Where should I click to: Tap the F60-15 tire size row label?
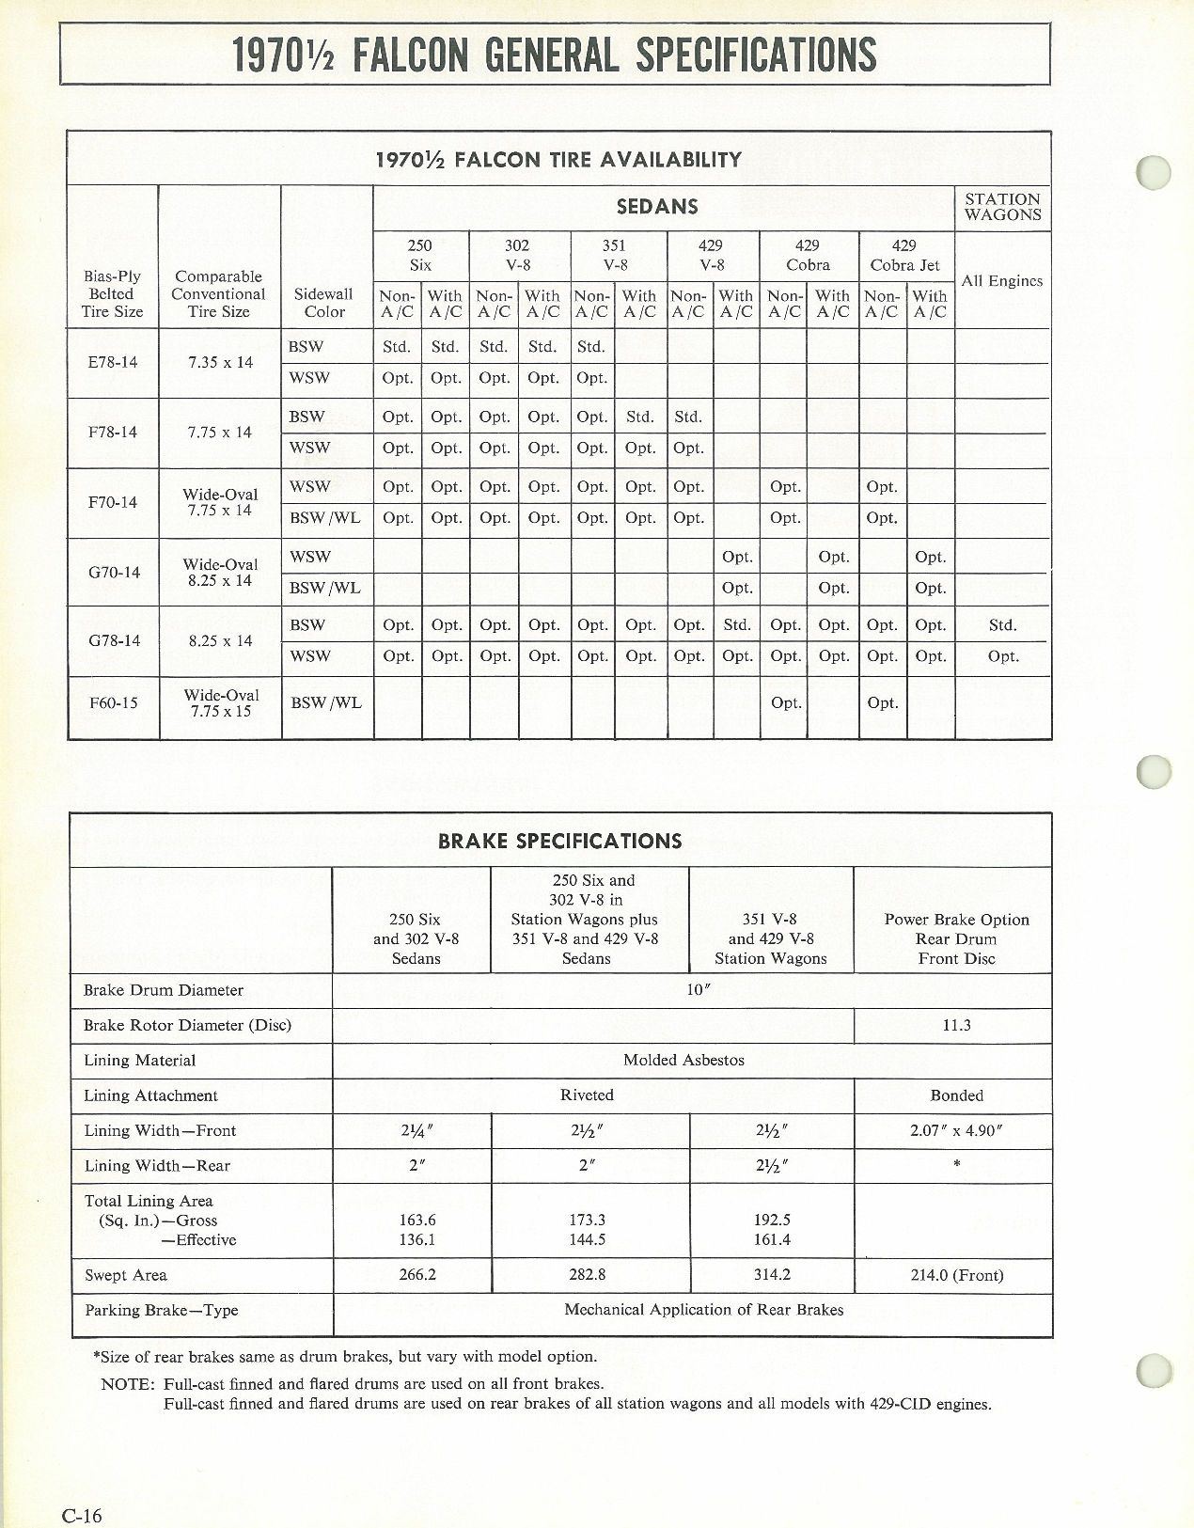113,702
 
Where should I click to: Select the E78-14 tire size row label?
112,362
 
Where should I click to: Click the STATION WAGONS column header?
1002,207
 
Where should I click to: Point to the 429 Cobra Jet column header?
904,255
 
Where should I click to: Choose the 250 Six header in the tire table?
420,255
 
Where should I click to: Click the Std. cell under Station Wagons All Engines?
1002,624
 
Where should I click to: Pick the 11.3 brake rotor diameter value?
956,1025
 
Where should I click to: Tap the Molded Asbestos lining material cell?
683,1060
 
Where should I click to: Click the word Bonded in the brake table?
956,1095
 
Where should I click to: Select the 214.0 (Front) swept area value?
956,1275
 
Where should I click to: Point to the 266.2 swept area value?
417,1275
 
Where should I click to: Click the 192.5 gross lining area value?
772,1220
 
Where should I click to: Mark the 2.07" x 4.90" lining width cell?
956,1130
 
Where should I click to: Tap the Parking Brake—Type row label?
161,1310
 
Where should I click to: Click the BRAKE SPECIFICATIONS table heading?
560,841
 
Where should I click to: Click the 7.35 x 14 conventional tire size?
218,362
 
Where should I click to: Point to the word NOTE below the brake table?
126,1384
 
